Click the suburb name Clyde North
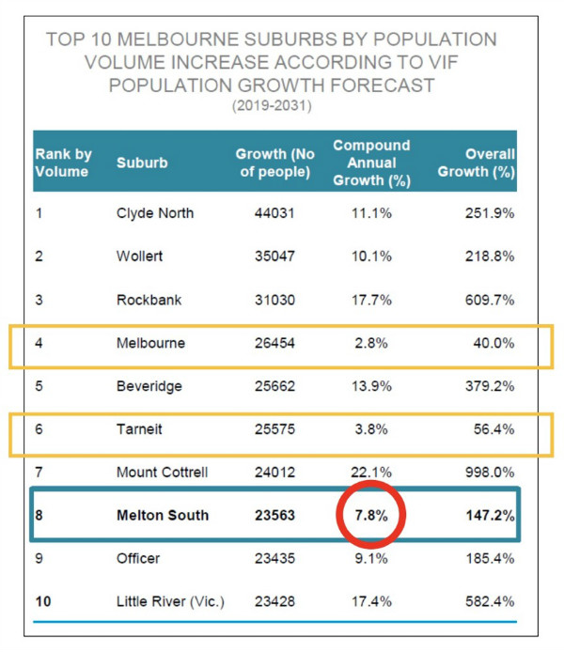(x=154, y=213)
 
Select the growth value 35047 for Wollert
(x=274, y=256)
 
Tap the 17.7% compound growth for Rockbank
(x=371, y=300)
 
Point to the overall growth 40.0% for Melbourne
(x=492, y=343)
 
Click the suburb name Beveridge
(x=149, y=386)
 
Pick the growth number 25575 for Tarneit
(x=274, y=429)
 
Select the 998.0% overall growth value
(x=489, y=473)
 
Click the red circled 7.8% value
(x=371, y=516)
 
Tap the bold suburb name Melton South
(x=162, y=516)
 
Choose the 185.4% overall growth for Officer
(x=489, y=559)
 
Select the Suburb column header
(x=142, y=163)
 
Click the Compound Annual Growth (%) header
(x=371, y=162)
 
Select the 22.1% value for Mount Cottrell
(x=371, y=473)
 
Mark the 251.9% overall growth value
(x=489, y=213)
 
